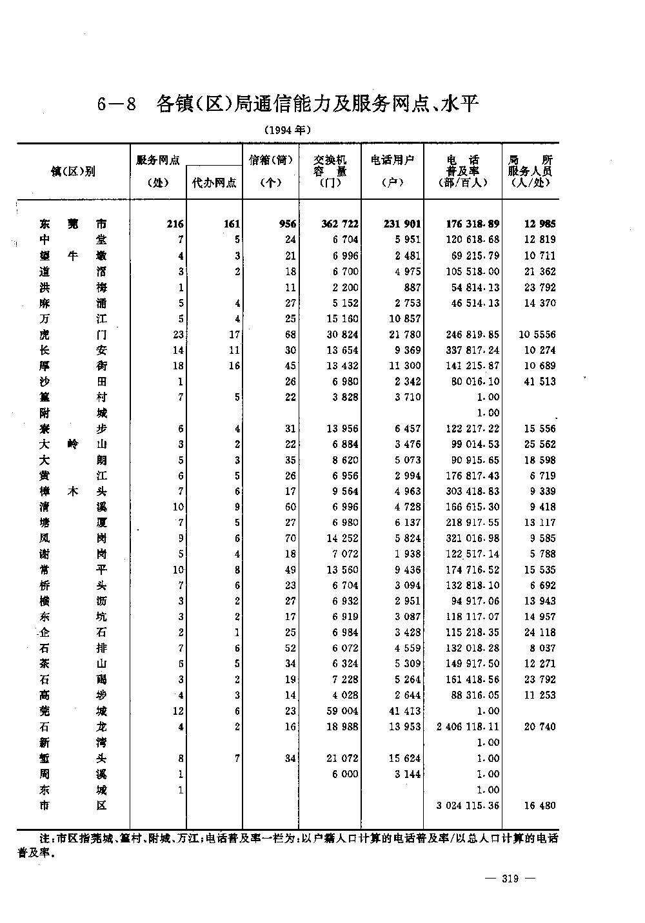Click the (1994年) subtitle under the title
[x=288, y=130]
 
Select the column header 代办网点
[x=214, y=182]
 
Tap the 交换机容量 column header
[x=330, y=171]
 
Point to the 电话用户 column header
[x=392, y=171]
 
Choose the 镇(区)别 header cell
[x=73, y=171]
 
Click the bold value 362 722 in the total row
[x=339, y=224]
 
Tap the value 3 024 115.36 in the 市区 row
[x=468, y=806]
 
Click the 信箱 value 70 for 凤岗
[x=290, y=538]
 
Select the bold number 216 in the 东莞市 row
[x=174, y=224]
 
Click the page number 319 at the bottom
[x=510, y=878]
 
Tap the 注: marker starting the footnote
[x=47, y=839]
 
